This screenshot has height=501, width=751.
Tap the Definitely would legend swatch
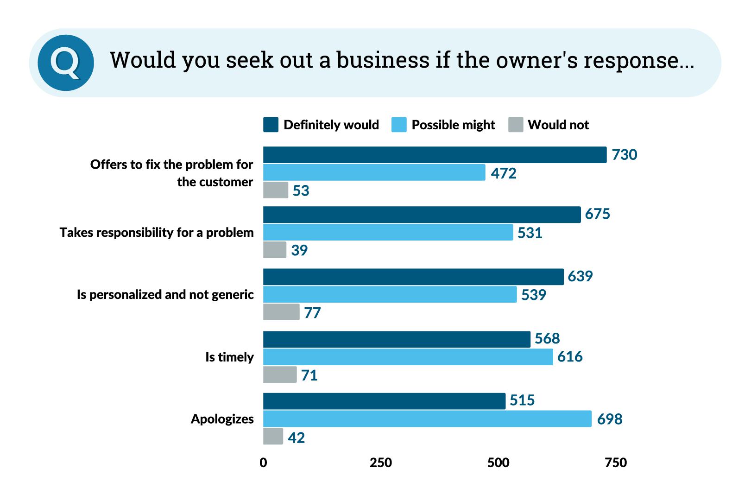click(x=271, y=125)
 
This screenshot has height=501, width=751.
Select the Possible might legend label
click(x=453, y=125)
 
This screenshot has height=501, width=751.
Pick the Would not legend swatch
click(x=516, y=125)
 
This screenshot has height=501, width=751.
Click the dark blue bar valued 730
click(x=435, y=155)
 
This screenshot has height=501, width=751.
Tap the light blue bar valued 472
click(x=374, y=172)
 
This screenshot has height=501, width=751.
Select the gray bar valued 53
click(x=276, y=190)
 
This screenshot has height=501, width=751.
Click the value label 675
click(x=597, y=214)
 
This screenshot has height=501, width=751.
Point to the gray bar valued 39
click(x=275, y=250)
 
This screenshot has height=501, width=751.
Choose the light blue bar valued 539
click(x=390, y=294)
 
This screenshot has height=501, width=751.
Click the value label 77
click(x=312, y=313)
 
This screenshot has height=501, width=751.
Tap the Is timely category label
click(x=229, y=357)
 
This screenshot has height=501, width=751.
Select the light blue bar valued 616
click(x=408, y=357)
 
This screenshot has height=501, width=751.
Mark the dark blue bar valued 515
click(x=384, y=401)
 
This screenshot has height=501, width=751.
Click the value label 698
click(x=609, y=419)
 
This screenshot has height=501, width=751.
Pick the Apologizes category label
click(x=222, y=419)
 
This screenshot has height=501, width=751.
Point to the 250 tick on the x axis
click(x=381, y=463)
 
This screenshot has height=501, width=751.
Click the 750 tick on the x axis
click(x=616, y=463)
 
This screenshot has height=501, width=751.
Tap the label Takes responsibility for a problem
click(x=157, y=233)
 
